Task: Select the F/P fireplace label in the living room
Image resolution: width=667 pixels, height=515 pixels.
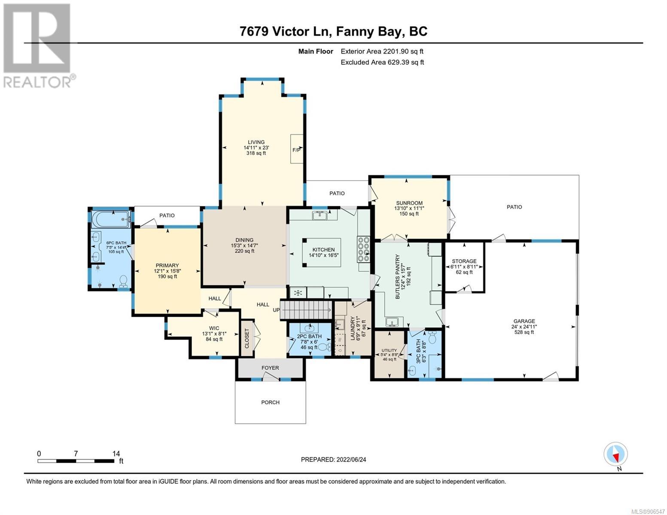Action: coord(296,150)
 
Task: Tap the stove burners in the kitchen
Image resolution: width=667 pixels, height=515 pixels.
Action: coord(363,249)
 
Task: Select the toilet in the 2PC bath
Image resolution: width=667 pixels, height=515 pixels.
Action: coord(324,347)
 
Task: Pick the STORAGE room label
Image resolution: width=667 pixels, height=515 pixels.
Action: coord(464,261)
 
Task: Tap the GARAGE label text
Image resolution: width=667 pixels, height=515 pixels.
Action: coord(524,321)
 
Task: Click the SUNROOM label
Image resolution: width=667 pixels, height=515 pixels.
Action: coord(409,203)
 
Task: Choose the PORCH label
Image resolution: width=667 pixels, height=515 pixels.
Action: coord(270,403)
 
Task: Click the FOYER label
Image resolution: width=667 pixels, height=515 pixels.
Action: coord(270,368)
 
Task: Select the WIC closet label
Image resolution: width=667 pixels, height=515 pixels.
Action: coord(214,328)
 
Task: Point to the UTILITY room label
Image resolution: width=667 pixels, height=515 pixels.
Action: coord(389,350)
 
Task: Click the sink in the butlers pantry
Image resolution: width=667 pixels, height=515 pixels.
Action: coord(392,322)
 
